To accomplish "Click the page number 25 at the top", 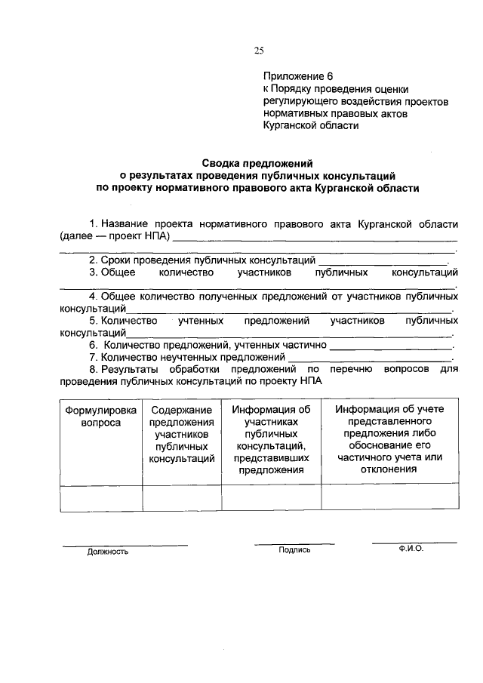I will (259, 51).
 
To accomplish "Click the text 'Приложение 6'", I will (297, 76).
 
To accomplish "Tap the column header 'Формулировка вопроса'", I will (101, 417).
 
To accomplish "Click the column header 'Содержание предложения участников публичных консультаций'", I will (181, 434).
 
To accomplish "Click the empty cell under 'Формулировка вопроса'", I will (101, 498).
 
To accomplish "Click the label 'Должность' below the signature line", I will (107, 552).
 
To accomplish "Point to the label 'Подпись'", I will (294, 550).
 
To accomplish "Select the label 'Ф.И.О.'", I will (412, 549).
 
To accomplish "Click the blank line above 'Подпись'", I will (294, 543).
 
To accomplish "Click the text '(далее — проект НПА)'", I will (115, 237).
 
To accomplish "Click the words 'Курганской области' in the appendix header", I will (311, 126).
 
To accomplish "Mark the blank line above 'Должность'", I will (125, 544).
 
